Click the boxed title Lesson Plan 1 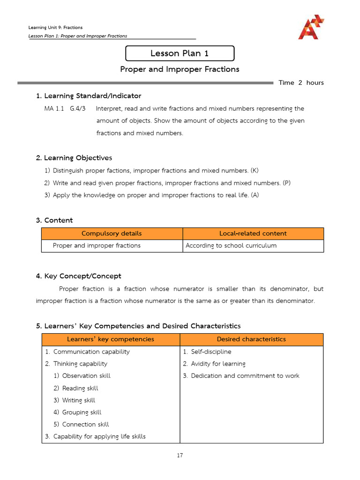pyautogui.click(x=180, y=53)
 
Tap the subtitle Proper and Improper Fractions pyautogui.click(x=180, y=69)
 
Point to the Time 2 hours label pyautogui.click(x=301, y=83)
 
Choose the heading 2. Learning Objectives pyautogui.click(x=74, y=158)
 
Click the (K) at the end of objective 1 pyautogui.click(x=255, y=171)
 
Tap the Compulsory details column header pyautogui.click(x=112, y=233)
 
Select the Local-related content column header pyautogui.click(x=253, y=233)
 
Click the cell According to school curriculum pyautogui.click(x=231, y=246)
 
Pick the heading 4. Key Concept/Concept pyautogui.click(x=78, y=276)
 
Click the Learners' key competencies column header pyautogui.click(x=111, y=339)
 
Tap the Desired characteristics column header pyautogui.click(x=251, y=339)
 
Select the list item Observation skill pyautogui.click(x=86, y=376)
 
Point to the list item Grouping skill pyautogui.click(x=82, y=412)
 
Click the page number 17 pyautogui.click(x=180, y=455)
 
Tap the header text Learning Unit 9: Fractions pyautogui.click(x=55, y=28)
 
